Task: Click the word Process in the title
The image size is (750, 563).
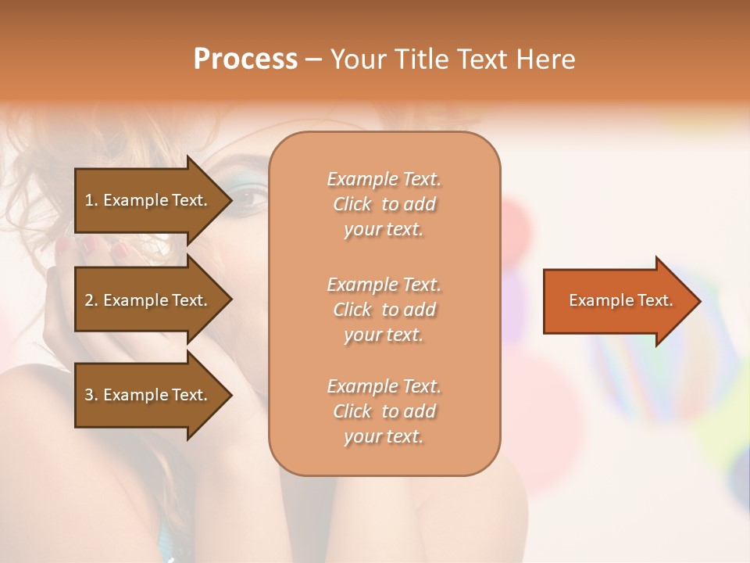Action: (245, 59)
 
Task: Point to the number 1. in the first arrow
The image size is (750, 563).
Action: (91, 200)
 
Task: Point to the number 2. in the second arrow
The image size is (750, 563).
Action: (91, 300)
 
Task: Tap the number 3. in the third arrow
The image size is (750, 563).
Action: (91, 395)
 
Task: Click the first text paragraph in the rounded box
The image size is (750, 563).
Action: (384, 204)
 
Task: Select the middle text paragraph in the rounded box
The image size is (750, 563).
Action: (384, 310)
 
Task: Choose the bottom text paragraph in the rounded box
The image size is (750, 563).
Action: (384, 411)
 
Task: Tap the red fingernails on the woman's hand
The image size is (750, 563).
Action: (120, 250)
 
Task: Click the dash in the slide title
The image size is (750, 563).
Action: (313, 59)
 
